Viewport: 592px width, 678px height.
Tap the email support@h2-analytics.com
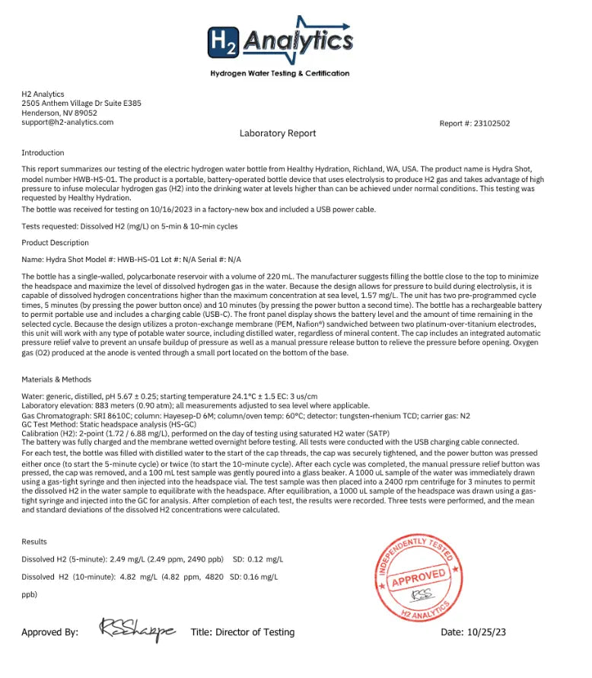[x=68, y=122]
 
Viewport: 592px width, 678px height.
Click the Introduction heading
[x=43, y=153]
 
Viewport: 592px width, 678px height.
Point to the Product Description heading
[x=55, y=243]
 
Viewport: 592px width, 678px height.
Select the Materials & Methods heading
[x=56, y=379]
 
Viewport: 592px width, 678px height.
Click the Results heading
[x=34, y=542]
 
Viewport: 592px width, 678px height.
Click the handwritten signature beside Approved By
[x=137, y=630]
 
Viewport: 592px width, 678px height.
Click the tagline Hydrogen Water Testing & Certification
[x=280, y=74]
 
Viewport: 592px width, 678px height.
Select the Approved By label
[x=49, y=632]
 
